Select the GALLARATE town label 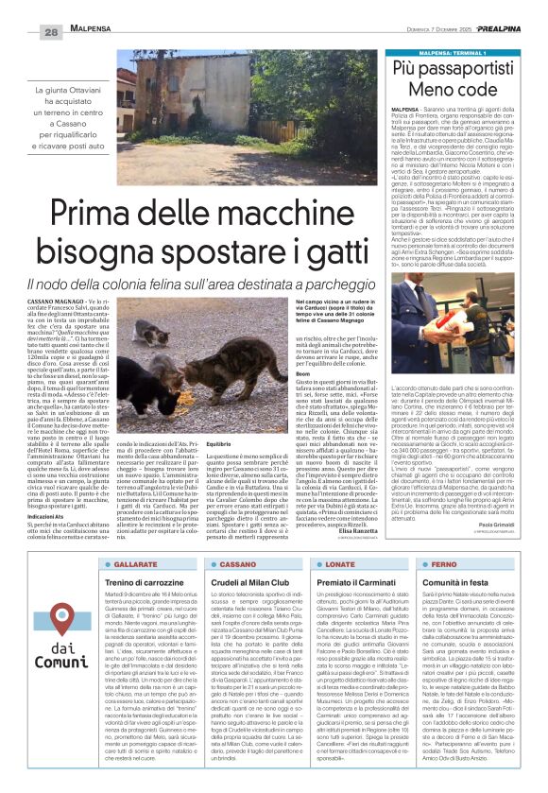[139, 564]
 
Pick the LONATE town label [357, 564]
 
